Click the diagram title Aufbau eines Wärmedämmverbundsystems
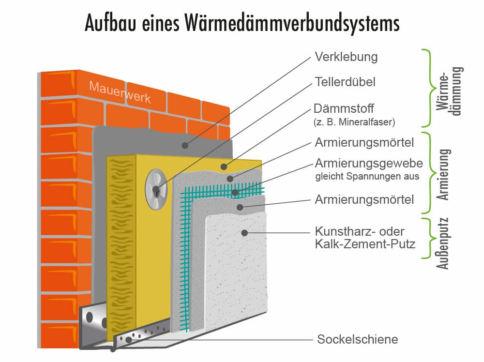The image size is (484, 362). pyautogui.click(x=242, y=23)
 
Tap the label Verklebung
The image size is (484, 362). pyautogui.click(x=346, y=57)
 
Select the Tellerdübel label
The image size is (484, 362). pyautogui.click(x=345, y=82)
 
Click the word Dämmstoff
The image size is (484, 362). pyautogui.click(x=344, y=108)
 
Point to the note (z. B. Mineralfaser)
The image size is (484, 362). pyautogui.click(x=355, y=122)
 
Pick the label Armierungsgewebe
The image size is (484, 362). pyautogui.click(x=369, y=163)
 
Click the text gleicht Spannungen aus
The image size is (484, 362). pyautogui.click(x=367, y=177)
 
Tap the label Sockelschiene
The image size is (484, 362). pyautogui.click(x=357, y=339)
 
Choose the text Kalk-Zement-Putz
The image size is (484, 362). pyautogui.click(x=365, y=244)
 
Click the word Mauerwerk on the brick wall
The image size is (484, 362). pyautogui.click(x=120, y=92)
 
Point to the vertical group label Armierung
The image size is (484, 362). pyautogui.click(x=444, y=174)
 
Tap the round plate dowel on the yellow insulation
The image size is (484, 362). pyautogui.click(x=156, y=189)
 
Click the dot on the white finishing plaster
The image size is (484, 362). pyautogui.click(x=245, y=233)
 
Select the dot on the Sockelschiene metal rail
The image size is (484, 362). pyautogui.click(x=128, y=340)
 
